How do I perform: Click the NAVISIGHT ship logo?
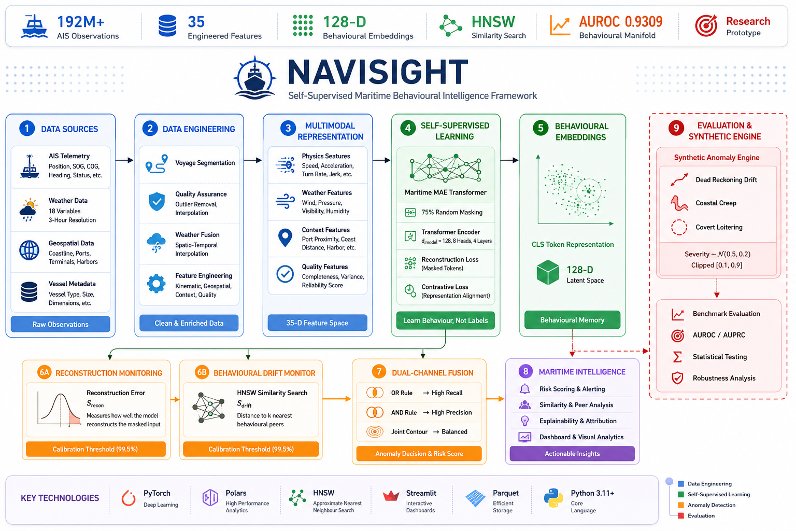(x=254, y=78)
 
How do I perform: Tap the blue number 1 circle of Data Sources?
(x=27, y=129)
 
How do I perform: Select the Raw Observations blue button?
(x=61, y=324)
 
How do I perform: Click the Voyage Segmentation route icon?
(x=157, y=163)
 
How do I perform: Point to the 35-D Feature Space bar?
(x=317, y=323)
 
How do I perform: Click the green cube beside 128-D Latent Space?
(x=548, y=272)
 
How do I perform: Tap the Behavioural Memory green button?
(x=572, y=320)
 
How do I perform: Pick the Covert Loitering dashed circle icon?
(x=679, y=227)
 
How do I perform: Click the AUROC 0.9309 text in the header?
(x=621, y=22)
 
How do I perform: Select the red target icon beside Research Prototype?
(x=706, y=25)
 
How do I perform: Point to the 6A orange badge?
(x=45, y=372)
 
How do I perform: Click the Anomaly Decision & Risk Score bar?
(x=419, y=453)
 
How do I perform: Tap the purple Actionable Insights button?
(x=572, y=453)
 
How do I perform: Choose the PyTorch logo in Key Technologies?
(x=129, y=498)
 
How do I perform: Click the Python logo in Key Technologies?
(x=553, y=498)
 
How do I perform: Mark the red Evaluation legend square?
(x=681, y=516)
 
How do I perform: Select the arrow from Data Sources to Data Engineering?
(x=124, y=160)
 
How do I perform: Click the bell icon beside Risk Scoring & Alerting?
(x=524, y=389)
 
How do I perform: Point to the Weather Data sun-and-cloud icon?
(x=29, y=209)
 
